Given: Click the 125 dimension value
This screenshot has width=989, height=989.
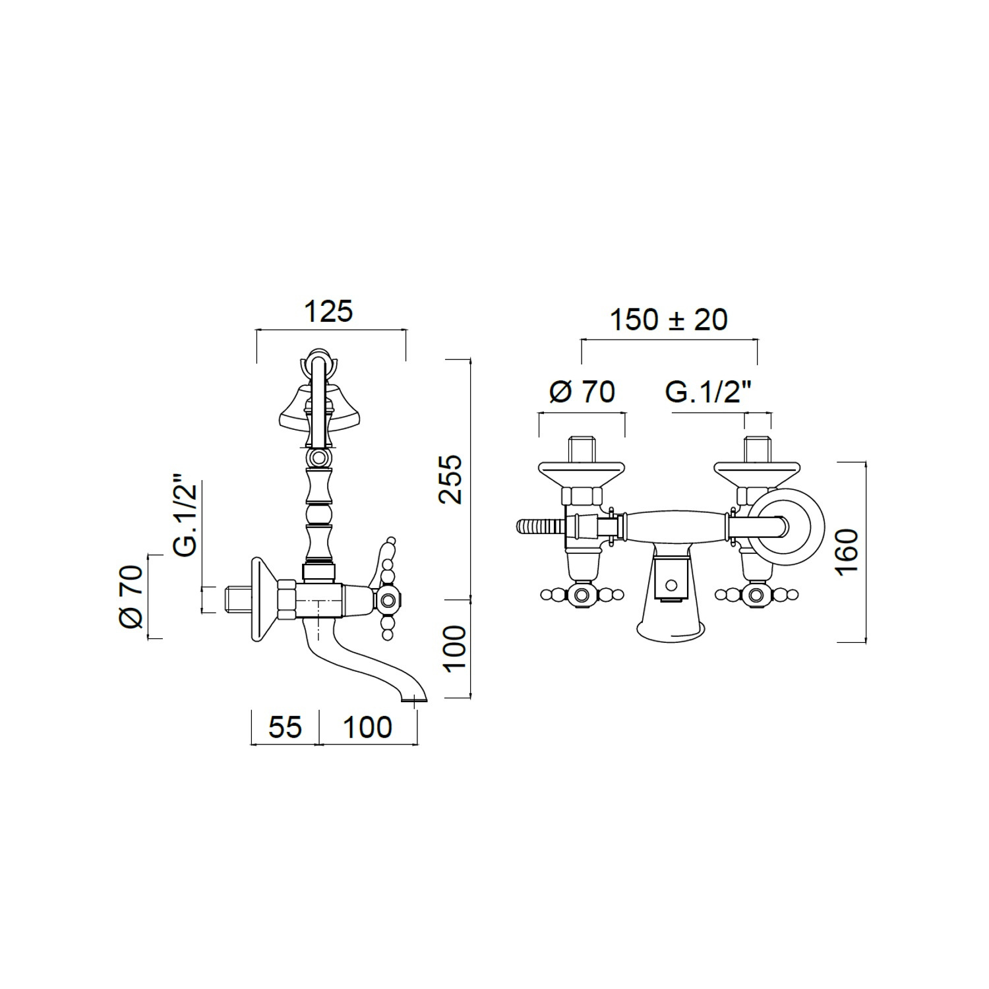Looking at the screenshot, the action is (328, 311).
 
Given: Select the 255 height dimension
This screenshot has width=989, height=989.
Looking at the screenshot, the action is (452, 479).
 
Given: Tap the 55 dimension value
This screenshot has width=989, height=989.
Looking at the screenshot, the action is (285, 727).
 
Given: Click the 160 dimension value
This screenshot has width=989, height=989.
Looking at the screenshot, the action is (847, 551).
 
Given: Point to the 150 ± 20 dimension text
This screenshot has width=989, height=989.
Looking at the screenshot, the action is (669, 320).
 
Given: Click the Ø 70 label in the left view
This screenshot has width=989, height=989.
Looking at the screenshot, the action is (131, 596).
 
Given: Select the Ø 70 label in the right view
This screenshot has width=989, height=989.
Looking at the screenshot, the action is (582, 392).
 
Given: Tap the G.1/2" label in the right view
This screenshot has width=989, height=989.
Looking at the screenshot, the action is (709, 392).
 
